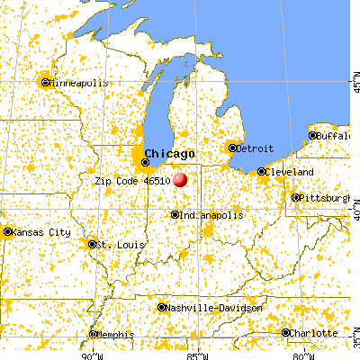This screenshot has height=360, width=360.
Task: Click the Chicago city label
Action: [170, 153]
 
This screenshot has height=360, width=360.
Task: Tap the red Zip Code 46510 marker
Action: [181, 179]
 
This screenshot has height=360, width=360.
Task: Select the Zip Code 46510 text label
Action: [133, 180]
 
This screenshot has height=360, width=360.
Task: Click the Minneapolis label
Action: [79, 83]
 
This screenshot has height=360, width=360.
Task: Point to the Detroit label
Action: [254, 148]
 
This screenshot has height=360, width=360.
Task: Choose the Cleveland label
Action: [289, 171]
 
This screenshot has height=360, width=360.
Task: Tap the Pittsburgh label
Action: [326, 196]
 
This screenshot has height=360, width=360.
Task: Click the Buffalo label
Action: [337, 136]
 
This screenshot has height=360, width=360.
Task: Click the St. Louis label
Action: [115, 244]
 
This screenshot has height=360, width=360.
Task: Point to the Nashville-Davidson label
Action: [215, 307]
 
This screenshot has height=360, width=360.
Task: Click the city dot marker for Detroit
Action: [232, 148]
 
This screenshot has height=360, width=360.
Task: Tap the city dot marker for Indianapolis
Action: [175, 215]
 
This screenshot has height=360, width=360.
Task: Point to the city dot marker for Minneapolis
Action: [45, 83]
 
